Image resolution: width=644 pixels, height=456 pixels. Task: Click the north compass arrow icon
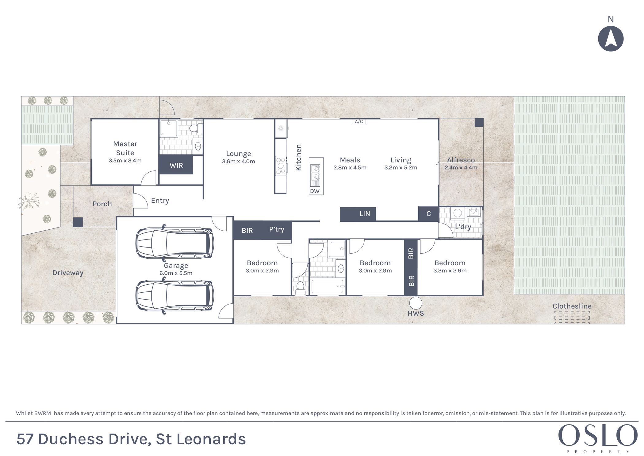pos(611,39)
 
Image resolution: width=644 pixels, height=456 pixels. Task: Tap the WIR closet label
pos(176,166)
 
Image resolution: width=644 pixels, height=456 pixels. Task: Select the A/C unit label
pos(359,122)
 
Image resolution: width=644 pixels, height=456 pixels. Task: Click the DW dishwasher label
pos(315,191)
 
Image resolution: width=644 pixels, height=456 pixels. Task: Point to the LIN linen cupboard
pos(358,214)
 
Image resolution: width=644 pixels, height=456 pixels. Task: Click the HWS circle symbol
pos(416,303)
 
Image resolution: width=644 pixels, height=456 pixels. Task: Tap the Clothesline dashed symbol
pos(572,317)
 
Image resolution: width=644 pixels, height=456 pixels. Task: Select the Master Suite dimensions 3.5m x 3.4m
pos(125,161)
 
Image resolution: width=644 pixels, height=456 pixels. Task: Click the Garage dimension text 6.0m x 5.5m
pos(176,273)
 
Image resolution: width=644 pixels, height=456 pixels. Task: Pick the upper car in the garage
pos(174,243)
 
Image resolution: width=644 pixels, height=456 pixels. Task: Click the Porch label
pos(102,204)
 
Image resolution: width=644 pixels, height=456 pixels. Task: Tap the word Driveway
pos(68,273)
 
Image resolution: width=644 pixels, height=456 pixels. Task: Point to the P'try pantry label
pos(277,229)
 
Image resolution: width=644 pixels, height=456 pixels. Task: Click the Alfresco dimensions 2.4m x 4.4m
pos(461,168)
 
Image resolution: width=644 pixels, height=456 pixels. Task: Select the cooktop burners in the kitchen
pos(281,166)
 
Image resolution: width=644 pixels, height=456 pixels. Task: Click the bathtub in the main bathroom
pos(328,286)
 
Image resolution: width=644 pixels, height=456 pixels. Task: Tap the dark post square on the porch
pos(78,222)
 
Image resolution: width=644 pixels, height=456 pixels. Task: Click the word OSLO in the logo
pos(598,435)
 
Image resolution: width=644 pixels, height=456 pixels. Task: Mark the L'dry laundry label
pos(463,227)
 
